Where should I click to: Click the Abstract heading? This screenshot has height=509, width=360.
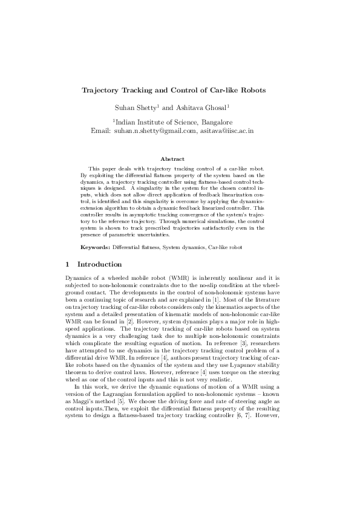tap(180, 159)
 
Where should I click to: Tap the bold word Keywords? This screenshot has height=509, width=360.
tap(96, 248)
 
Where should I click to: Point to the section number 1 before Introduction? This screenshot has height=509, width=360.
tap(68, 264)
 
